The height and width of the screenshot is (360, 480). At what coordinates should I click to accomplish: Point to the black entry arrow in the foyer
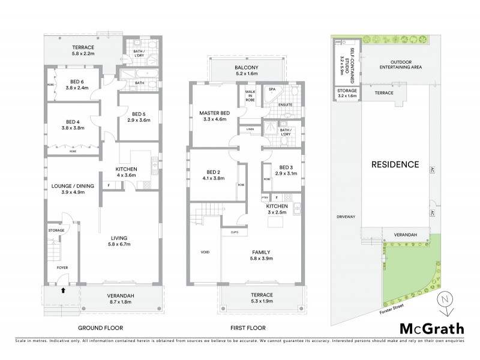(62, 292)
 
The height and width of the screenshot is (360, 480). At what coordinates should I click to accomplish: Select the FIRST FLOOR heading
(248, 328)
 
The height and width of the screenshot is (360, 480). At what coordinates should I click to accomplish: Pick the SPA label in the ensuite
(272, 89)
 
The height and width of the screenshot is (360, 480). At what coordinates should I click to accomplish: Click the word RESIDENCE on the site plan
(394, 164)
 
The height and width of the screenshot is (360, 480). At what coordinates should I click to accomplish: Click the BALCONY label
(247, 67)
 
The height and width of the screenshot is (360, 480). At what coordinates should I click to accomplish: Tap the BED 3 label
(281, 167)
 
